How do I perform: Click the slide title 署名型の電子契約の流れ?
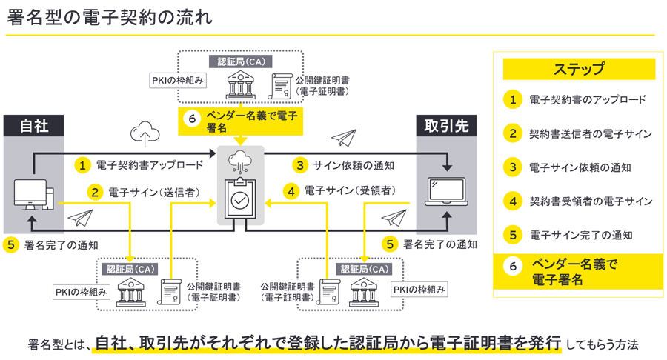pos(110,18)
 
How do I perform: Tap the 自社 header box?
pos(34,126)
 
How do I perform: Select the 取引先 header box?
pos(446,126)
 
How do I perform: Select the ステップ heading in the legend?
pos(579,70)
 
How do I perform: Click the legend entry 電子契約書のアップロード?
pos(588,99)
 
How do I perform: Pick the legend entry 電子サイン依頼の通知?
pos(580,167)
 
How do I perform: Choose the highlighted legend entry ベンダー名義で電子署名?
pos(574,272)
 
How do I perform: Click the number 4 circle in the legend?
pos(511,201)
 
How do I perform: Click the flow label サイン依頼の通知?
pos(354,164)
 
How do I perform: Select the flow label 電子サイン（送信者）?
pos(153,192)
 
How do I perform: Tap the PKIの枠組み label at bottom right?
pos(419,290)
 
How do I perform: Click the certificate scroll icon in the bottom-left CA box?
pos(170,291)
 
